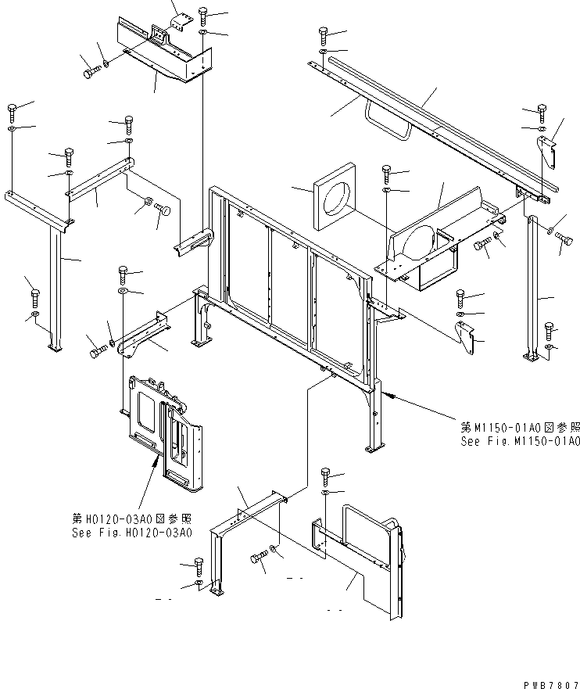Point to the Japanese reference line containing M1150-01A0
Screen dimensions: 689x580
[x=520, y=427]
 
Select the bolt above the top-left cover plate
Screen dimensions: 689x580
[x=202, y=14]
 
